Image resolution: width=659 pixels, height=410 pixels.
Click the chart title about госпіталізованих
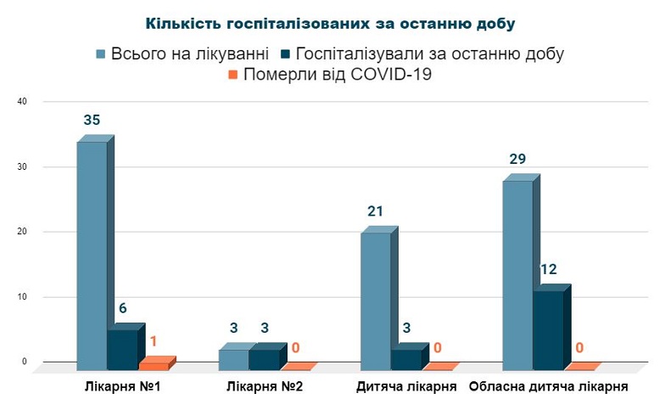(x=329, y=22)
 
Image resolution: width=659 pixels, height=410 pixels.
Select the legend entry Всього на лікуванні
(x=183, y=53)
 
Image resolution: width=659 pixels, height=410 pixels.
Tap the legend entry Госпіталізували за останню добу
(x=422, y=53)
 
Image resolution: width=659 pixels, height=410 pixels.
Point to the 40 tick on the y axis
(x=23, y=102)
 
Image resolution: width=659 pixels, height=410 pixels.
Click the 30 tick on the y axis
(x=23, y=167)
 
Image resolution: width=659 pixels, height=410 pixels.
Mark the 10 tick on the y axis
(x=23, y=297)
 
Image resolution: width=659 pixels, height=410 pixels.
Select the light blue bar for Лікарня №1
(x=92, y=255)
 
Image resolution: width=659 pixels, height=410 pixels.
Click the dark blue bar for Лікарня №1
(x=122, y=349)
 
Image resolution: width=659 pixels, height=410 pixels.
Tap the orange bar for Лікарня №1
(x=154, y=365)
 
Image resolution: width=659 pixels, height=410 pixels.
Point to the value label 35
(x=92, y=121)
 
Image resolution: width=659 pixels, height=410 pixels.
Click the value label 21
(x=376, y=211)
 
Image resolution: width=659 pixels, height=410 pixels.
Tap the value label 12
(x=549, y=270)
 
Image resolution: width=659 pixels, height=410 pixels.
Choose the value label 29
(x=517, y=160)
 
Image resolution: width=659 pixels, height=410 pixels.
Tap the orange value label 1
(x=153, y=341)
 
